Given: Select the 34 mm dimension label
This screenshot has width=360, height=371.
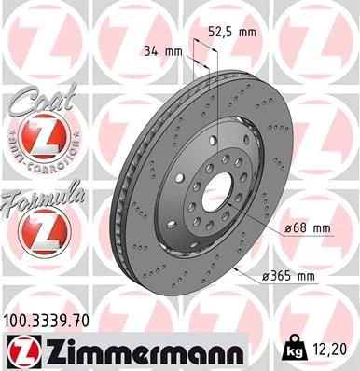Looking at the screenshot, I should [160, 51].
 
